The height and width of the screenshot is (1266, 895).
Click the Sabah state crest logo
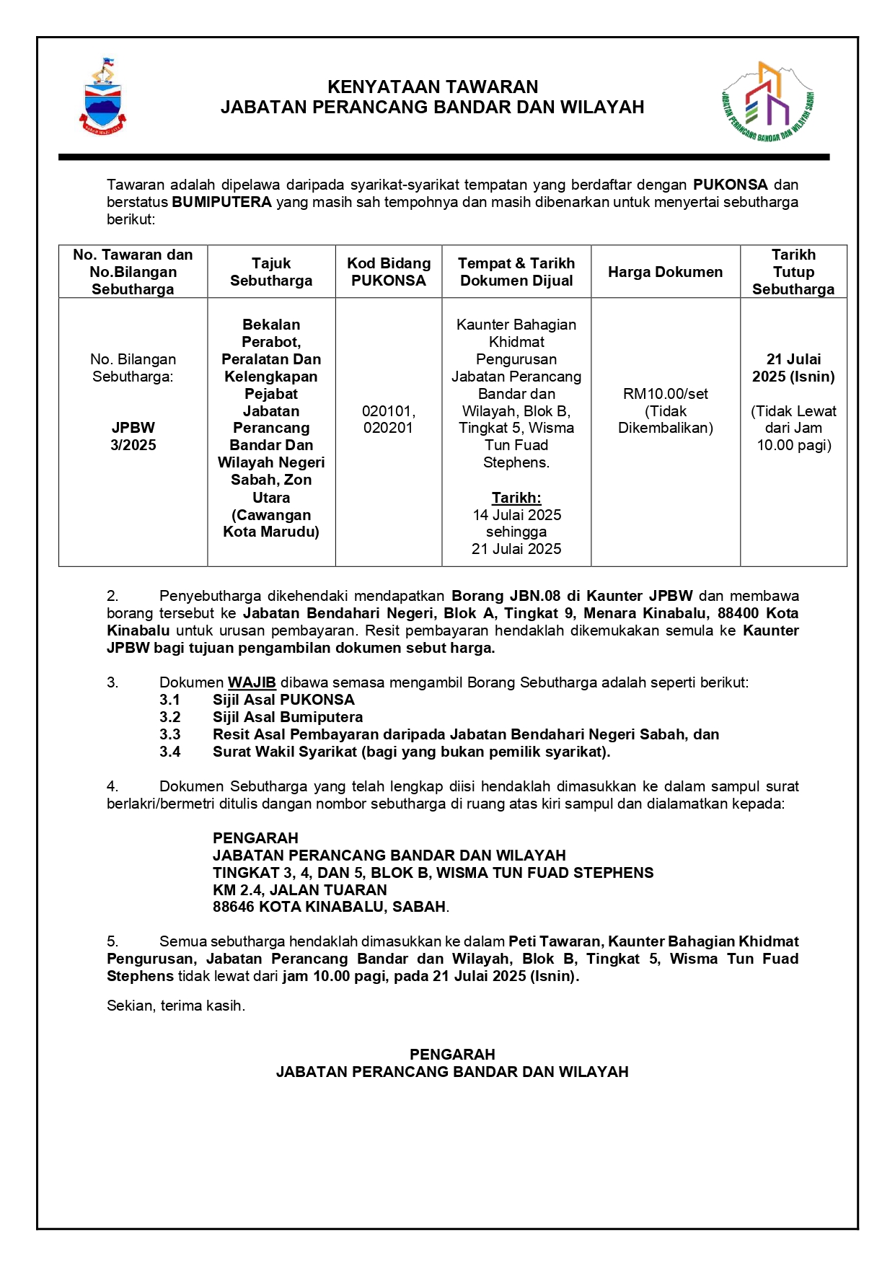102,97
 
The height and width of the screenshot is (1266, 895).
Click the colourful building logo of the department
768,102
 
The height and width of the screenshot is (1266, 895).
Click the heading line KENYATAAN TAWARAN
433,87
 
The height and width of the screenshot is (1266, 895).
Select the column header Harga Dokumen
665,272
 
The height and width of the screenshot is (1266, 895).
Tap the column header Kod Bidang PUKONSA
389,272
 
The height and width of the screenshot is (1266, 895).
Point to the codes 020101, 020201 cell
389,419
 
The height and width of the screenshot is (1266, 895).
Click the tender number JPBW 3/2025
133,436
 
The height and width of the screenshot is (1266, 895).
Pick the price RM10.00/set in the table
665,394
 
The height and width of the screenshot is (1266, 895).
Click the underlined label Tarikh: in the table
516,498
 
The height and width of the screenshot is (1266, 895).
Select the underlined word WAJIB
252,682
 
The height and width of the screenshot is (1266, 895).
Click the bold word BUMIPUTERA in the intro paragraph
221,202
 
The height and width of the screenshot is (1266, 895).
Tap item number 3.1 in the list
170,700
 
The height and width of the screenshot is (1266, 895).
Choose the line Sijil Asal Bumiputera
287,717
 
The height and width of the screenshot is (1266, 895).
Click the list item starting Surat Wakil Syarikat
411,752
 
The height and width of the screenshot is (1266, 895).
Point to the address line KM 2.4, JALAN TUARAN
299,890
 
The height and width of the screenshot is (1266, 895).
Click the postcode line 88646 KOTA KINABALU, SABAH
330,907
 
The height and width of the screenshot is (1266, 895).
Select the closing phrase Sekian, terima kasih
176,1006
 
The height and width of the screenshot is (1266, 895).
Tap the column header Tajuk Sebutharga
271,272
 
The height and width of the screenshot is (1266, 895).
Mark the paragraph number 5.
113,941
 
